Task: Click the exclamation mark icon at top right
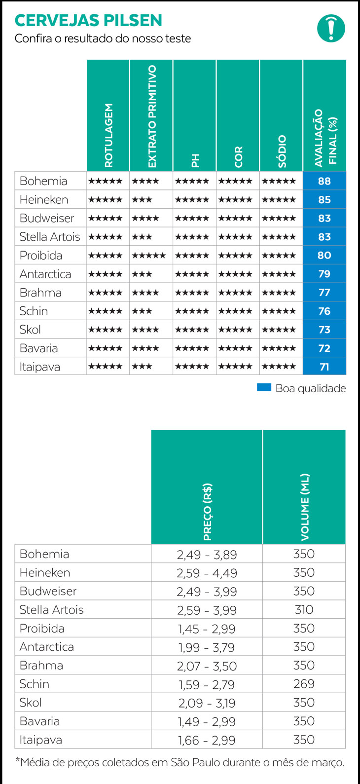pos(331,28)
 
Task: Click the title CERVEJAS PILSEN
pos(88,20)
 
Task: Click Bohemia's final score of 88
pos(324,181)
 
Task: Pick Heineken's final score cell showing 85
pos(324,200)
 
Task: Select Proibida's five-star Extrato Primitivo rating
pos(149,256)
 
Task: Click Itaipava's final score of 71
pos(324,367)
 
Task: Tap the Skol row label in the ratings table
pos(30,330)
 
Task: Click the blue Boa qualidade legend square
pos(264,388)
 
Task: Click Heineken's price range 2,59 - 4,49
pos(207,573)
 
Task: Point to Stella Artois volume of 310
pos(304,610)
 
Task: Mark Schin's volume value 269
pos(304,684)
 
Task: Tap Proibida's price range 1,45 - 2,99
pos(207,629)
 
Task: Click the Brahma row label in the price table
pos(41,666)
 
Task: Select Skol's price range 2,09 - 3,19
pos(207,703)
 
